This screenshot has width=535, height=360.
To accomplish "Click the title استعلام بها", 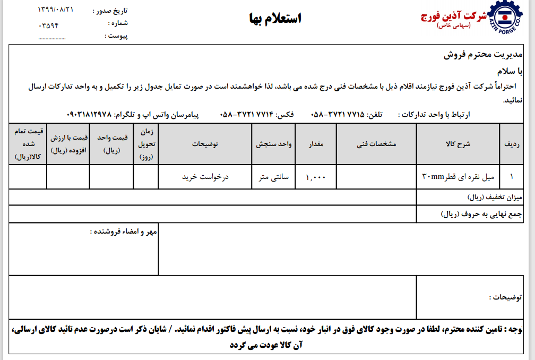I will click(275, 19).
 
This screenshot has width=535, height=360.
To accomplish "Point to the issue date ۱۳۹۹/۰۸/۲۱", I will click(56, 10).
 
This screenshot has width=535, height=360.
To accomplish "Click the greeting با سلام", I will click(510, 71).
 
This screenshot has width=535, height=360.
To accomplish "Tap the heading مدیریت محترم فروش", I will click(483, 55).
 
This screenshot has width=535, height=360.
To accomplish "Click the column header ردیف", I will click(512, 144).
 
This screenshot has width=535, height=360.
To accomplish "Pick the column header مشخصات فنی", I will click(376, 144).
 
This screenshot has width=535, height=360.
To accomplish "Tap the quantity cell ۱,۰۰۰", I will click(316, 177).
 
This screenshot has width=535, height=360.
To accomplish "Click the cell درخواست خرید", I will click(205, 177).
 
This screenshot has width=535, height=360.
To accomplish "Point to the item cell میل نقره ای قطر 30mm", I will click(458, 177).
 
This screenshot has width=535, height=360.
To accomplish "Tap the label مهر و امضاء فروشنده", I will click(124, 232).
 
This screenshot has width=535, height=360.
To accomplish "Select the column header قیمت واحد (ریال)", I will click(112, 144).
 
